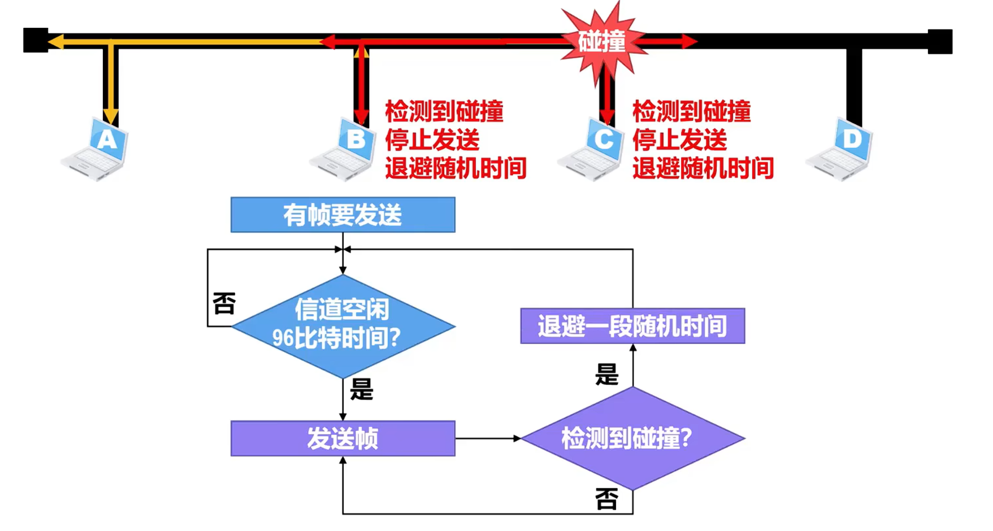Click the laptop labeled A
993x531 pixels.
pos(96,149)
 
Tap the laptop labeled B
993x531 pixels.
pos(345,149)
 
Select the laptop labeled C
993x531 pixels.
pos(593,149)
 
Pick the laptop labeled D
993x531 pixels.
pos(841,149)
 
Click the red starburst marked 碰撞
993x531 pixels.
pos(602,42)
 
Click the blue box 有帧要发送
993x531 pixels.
pos(343,215)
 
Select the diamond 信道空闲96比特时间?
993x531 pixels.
pos(343,326)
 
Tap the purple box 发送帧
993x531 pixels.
pos(343,438)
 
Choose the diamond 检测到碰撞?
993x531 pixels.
pos(633,438)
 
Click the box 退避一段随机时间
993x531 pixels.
pos(633,326)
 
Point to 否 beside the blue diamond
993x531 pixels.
pos(224,303)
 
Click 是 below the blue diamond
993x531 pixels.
pos(362,390)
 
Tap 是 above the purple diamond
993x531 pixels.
pos(607,375)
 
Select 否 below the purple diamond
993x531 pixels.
pos(607,499)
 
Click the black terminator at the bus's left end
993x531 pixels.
pos(36,41)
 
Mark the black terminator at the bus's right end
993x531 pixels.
pos(940,42)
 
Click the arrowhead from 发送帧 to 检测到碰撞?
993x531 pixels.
pos(517,438)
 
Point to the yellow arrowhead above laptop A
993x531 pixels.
pos(111,116)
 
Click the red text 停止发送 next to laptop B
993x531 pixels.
pos(432,140)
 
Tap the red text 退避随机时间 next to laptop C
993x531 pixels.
pos(703,168)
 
